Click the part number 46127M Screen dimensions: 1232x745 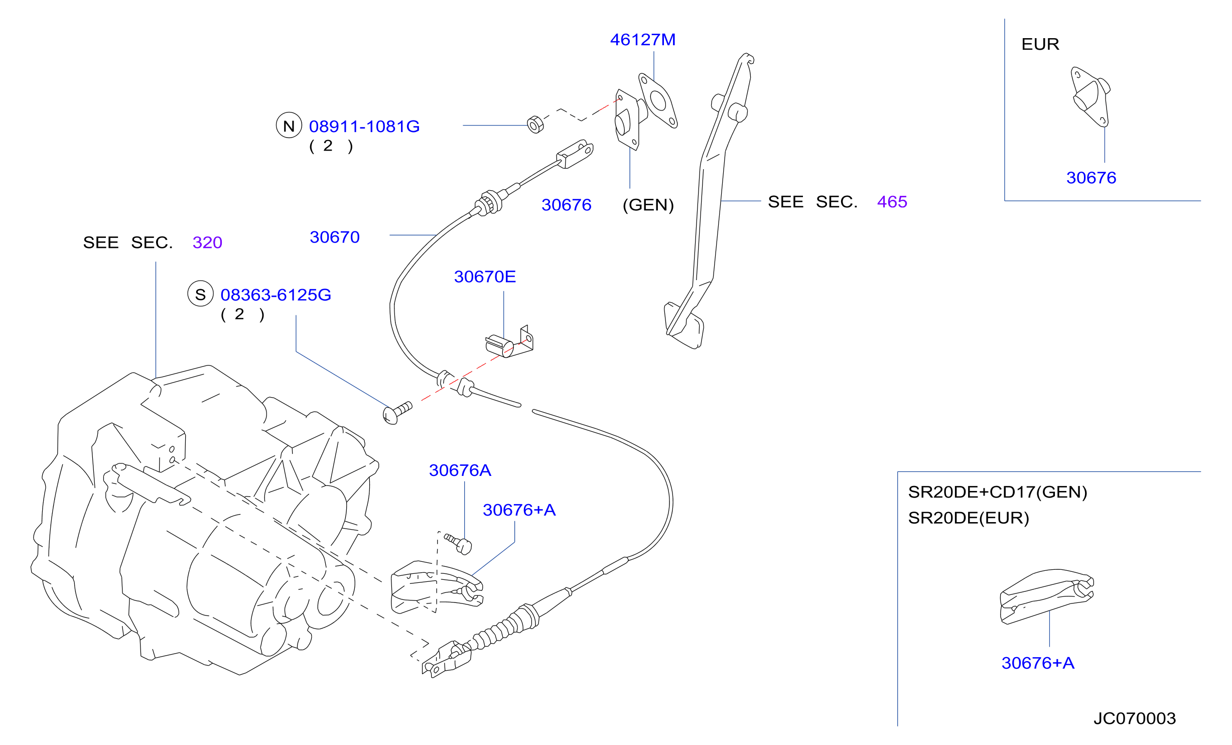coord(643,40)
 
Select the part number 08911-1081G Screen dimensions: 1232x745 coord(364,127)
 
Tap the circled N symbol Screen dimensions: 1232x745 coord(289,126)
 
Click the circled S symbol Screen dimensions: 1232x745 coord(201,294)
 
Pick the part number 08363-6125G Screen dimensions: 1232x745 coord(276,295)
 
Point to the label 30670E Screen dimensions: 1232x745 coord(485,277)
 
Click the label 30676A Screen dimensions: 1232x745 coord(460,470)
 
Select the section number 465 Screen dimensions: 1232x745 coord(892,202)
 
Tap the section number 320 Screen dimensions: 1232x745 coord(207,242)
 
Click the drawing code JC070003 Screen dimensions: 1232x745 coord(1135,718)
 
